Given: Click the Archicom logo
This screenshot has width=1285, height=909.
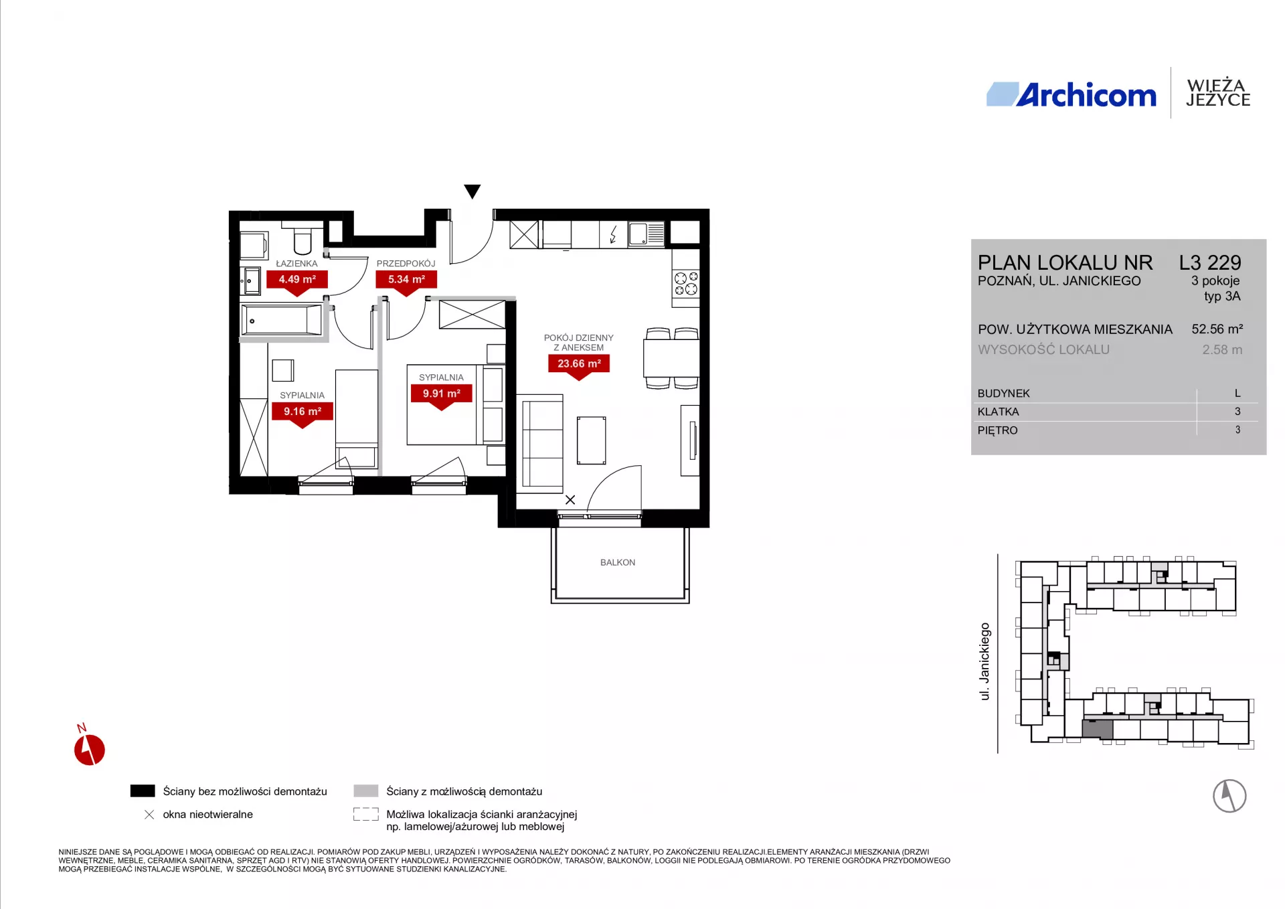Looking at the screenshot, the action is click(1071, 94).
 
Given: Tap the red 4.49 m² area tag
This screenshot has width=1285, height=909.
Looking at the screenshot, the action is click(297, 282).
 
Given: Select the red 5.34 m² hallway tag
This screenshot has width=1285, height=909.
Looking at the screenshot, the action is click(406, 282).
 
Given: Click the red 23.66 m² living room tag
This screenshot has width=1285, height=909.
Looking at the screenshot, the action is click(579, 366).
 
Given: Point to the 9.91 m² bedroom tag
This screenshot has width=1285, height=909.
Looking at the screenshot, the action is click(441, 396).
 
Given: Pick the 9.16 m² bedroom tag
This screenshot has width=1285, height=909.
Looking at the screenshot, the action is click(303, 414).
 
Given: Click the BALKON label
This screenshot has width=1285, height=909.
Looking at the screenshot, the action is click(618, 562).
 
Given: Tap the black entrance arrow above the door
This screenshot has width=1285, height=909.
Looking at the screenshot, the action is click(473, 191).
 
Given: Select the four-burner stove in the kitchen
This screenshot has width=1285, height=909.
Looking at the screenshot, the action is click(686, 284).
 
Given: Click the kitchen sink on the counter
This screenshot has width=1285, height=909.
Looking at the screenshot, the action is click(647, 234).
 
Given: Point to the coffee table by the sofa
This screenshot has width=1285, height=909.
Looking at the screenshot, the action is click(591, 440).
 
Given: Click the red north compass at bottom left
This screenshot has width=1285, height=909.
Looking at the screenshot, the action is click(89, 746).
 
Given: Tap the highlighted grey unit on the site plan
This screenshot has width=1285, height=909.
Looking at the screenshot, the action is click(1098, 729).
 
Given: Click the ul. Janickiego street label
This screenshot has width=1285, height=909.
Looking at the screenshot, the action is click(984, 661).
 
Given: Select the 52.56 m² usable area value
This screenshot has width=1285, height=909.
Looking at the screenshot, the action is click(1217, 329).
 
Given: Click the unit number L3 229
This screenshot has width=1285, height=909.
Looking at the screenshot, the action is click(1210, 262).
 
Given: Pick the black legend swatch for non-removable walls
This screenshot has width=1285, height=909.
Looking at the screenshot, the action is click(143, 791).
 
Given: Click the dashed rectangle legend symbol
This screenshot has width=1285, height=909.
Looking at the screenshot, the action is click(366, 815).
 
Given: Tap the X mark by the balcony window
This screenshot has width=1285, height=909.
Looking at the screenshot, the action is click(570, 500).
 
